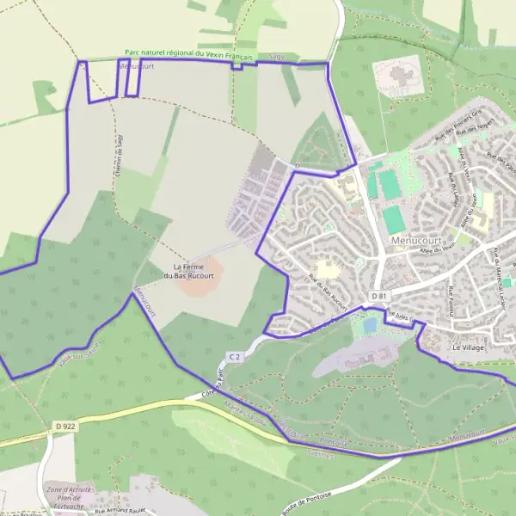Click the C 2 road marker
(x=235, y=355)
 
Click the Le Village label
(x=469, y=347)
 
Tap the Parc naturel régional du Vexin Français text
(x=188, y=53)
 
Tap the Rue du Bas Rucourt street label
(x=328, y=292)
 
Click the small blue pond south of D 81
(x=370, y=326)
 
